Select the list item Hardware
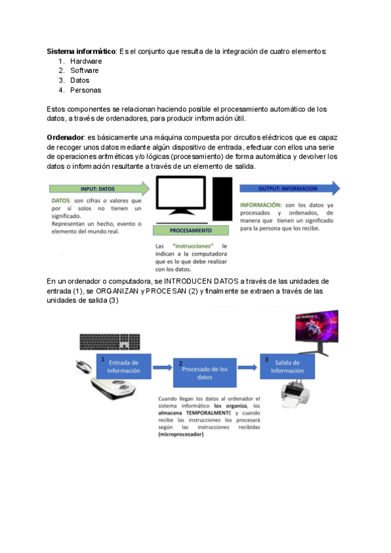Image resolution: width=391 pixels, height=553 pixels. tap(86, 61)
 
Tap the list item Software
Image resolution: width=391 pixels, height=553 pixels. tap(85, 70)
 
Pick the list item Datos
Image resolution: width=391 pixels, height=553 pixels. tap(80, 80)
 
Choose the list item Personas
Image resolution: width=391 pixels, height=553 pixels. tap(85, 90)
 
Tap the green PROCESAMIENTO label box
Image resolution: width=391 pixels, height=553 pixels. tap(190, 230)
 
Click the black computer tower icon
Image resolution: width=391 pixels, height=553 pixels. tap(223, 199)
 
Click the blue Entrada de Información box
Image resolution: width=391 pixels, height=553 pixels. tap(124, 366)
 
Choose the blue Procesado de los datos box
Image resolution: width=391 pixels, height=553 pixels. tap(204, 372)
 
